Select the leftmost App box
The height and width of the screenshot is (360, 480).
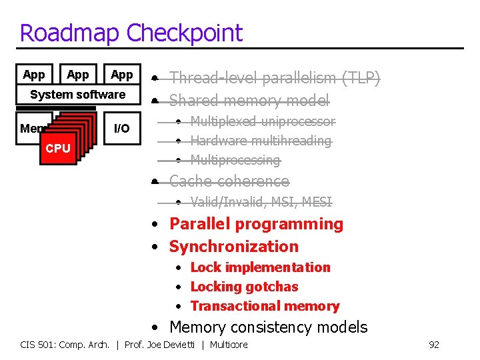click(33, 75)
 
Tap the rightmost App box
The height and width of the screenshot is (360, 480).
click(121, 75)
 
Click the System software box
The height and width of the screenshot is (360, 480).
click(77, 95)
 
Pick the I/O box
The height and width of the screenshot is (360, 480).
click(122, 128)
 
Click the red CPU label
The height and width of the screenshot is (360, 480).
click(58, 148)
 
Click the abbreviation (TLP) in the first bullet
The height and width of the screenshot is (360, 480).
click(361, 79)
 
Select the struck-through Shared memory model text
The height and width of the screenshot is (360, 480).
click(249, 101)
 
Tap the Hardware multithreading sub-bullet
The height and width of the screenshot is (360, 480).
click(261, 141)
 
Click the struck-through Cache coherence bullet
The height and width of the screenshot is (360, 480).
click(229, 181)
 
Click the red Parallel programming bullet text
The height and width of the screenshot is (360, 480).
click(256, 224)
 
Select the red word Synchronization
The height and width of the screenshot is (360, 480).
click(233, 247)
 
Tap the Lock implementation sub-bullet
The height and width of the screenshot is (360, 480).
click(260, 267)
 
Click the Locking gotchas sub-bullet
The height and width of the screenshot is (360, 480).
click(244, 287)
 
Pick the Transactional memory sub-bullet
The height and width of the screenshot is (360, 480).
click(265, 306)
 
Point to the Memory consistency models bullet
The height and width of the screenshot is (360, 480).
click(268, 327)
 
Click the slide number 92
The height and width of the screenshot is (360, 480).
click(433, 345)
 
